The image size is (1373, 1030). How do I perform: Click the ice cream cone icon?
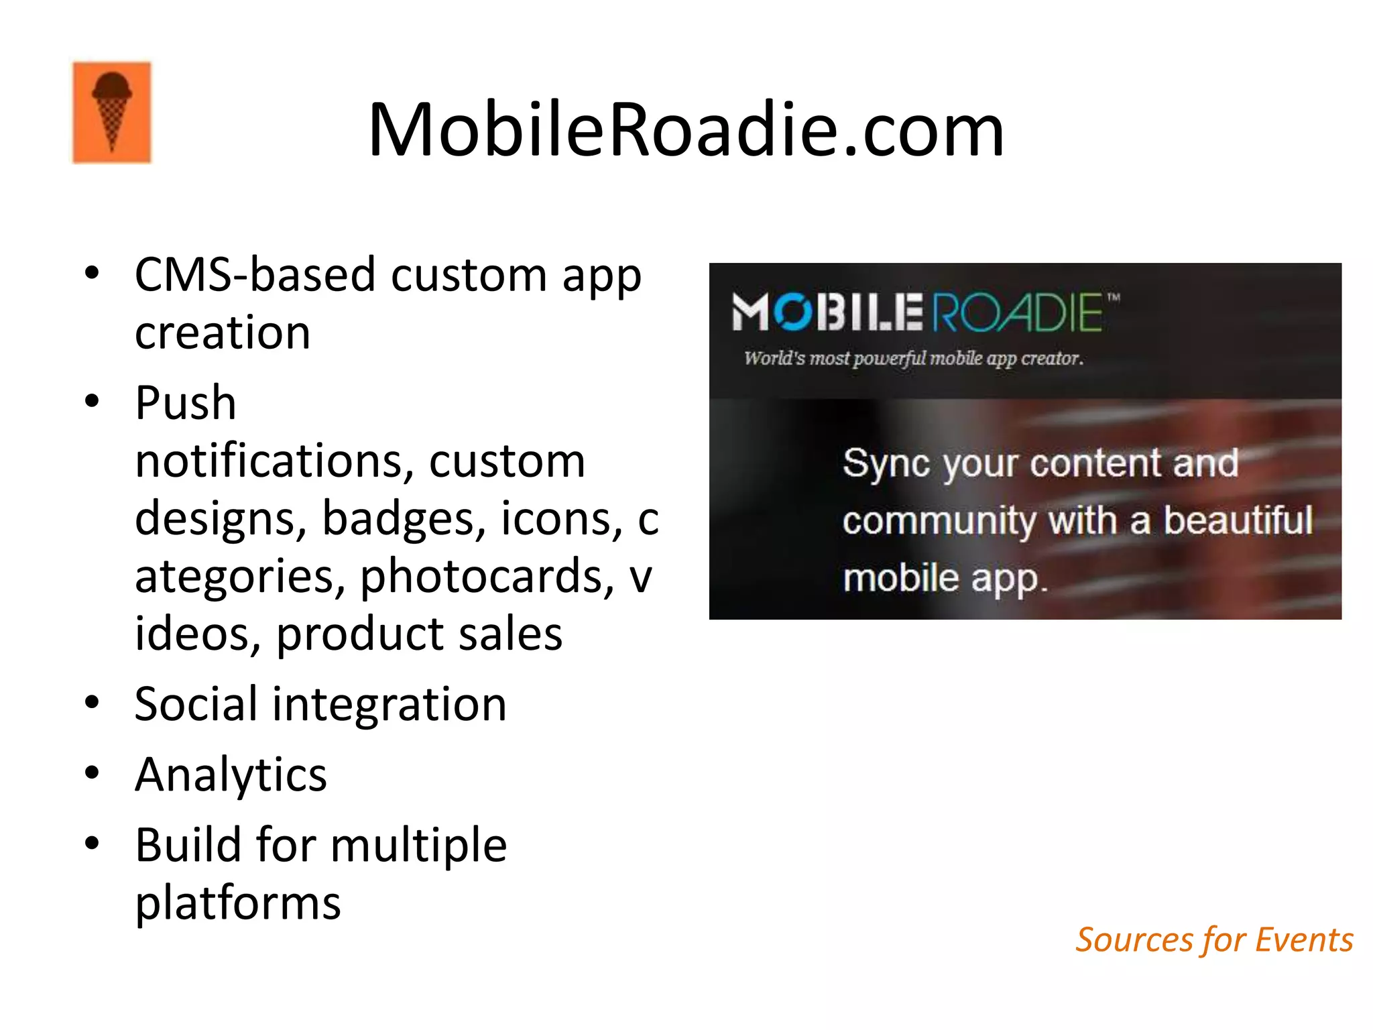(112, 113)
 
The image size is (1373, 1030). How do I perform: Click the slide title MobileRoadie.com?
(686, 129)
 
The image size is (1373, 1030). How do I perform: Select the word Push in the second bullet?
(186, 404)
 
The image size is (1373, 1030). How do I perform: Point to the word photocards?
(486, 577)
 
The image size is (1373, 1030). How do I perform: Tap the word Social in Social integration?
(196, 704)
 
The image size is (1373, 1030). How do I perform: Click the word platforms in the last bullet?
(238, 903)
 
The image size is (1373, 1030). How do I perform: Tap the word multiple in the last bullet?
(418, 845)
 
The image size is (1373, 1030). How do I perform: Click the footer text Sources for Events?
(1214, 940)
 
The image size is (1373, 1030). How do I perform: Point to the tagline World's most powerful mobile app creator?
(913, 359)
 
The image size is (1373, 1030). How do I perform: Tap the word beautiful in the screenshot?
(1238, 521)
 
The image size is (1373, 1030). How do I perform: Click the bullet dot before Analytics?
(92, 773)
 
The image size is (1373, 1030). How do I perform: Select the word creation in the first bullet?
(223, 333)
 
